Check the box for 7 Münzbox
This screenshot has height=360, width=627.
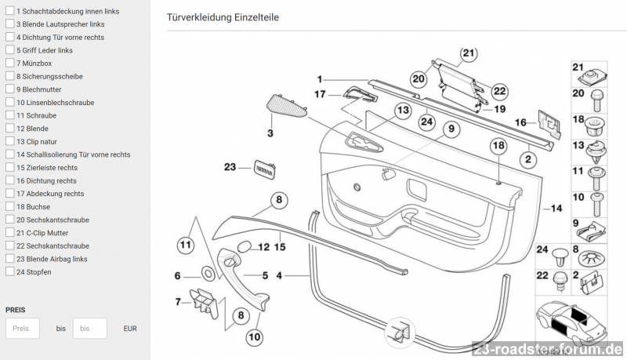10,63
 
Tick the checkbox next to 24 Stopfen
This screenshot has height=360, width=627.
10,272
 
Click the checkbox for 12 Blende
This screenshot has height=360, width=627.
10,128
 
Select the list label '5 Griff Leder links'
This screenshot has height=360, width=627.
44,50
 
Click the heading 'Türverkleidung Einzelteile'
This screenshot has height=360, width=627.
223,17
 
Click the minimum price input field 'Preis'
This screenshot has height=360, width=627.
22,329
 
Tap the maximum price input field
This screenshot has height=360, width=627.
89,329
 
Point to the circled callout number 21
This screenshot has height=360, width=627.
468,53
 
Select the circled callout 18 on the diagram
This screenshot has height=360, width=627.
499,146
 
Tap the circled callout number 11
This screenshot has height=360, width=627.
185,245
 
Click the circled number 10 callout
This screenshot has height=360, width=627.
254,338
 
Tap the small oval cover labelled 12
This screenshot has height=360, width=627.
243,247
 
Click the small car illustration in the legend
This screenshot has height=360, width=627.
562,320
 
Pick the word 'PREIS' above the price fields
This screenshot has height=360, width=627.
16,309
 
